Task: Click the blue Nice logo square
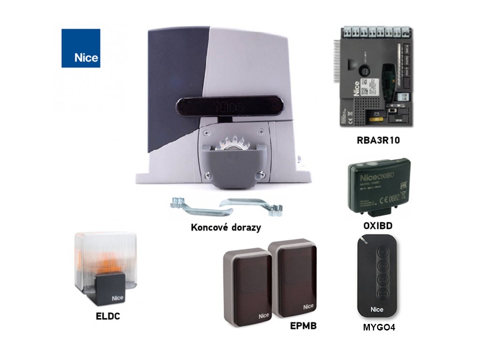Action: point(81,48)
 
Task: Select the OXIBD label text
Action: point(378,226)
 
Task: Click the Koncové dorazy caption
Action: point(226,228)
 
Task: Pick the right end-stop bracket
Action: point(253,205)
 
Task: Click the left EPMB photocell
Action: point(247,286)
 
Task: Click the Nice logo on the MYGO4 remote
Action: point(377,309)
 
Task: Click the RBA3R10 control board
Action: point(377,77)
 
